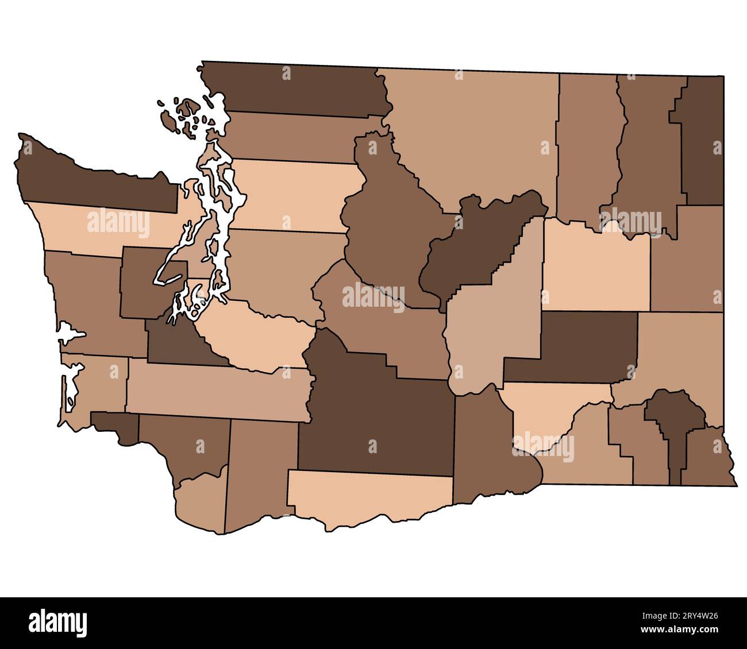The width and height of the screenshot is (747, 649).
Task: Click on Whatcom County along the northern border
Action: [x=299, y=89]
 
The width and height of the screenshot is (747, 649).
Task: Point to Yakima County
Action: [x=373, y=414]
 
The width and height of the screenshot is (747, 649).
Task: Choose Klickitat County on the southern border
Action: [x=368, y=494]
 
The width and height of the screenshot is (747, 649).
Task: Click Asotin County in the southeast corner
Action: [x=710, y=459]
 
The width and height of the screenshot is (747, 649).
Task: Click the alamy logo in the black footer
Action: [x=58, y=623]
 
